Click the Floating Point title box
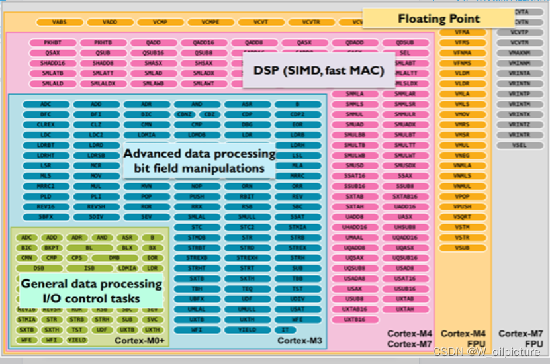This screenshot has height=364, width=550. (x=438, y=18)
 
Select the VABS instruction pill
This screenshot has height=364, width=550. (x=59, y=22)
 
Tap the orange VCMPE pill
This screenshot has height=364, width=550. (x=210, y=22)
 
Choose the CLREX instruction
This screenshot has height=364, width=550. (x=46, y=124)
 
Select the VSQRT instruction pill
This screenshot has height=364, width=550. (x=463, y=217)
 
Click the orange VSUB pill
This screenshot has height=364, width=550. (x=463, y=247)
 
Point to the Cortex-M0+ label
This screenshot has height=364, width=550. (x=141, y=340)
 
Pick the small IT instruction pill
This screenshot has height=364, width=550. (x=285, y=330)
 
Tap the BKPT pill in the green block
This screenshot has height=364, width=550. (x=51, y=247)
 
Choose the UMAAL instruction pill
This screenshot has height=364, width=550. (x=355, y=237)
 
